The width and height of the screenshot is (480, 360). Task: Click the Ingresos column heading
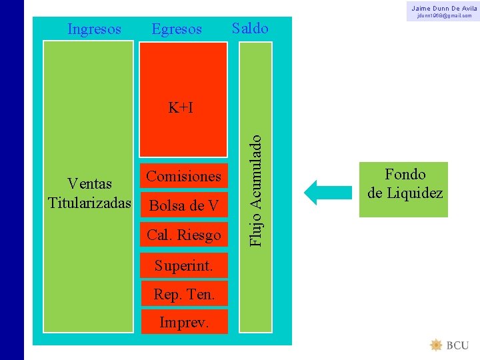95,29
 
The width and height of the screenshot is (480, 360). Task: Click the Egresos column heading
177,29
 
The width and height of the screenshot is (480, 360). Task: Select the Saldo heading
250,28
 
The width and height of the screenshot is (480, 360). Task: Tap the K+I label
181,107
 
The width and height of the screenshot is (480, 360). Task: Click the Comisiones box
183,176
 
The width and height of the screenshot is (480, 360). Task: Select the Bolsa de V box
183,205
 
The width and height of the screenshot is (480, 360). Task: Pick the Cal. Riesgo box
183,235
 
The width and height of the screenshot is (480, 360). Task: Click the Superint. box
183,265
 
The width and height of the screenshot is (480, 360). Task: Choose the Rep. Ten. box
183,293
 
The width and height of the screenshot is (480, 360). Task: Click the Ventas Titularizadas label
89,192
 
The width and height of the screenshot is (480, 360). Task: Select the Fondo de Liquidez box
404,189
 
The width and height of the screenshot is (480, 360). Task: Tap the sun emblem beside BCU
437,345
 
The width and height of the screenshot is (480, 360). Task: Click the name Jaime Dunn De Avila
444,7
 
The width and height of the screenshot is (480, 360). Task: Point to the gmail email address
444,15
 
